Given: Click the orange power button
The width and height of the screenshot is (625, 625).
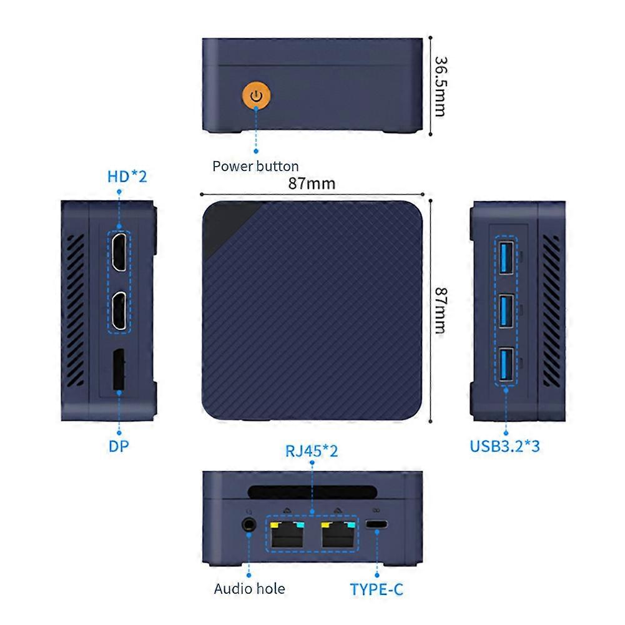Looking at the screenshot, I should tap(255, 96).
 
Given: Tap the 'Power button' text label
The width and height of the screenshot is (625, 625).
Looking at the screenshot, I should tap(255, 166).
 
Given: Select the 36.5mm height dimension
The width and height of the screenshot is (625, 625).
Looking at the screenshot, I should tap(441, 86).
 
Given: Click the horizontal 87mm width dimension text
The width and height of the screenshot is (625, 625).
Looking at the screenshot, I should tap(312, 183).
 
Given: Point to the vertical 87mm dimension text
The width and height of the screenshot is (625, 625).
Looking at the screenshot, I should tap(441, 310).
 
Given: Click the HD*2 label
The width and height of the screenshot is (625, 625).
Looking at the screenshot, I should tap(127, 177).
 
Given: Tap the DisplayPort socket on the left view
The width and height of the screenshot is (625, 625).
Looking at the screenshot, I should tap(118, 372).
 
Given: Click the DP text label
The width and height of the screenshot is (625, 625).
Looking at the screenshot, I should tap(119, 446).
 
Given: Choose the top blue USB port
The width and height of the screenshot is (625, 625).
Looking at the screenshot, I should tap(506, 256).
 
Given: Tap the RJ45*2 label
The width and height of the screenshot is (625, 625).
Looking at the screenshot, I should tap(312, 451).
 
